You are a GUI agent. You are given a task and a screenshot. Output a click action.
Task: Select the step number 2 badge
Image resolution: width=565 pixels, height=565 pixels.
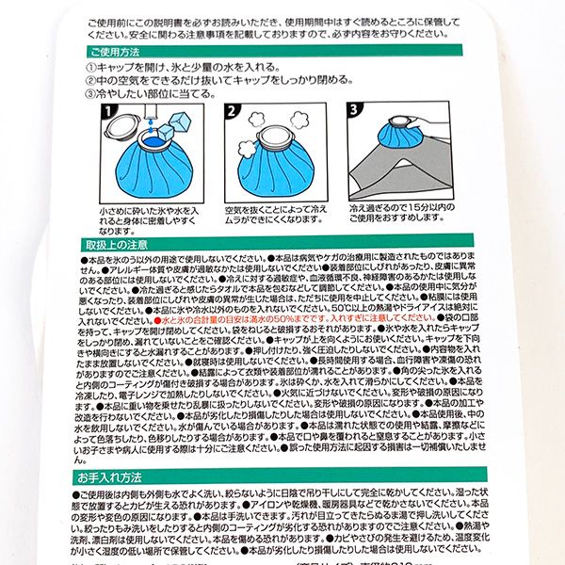pos(232,112)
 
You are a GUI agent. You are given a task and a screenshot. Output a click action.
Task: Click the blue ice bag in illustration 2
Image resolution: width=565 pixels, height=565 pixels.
pos(273,169)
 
